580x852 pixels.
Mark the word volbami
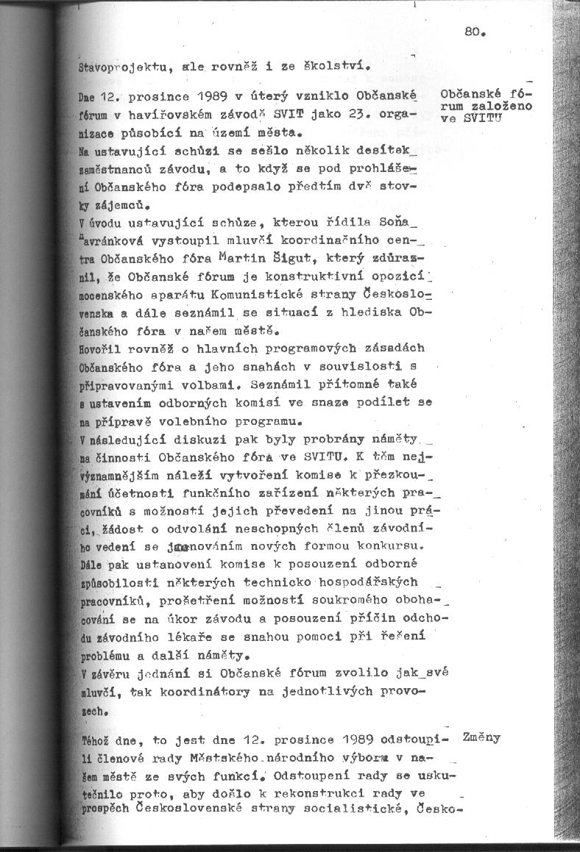[x=202, y=384]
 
